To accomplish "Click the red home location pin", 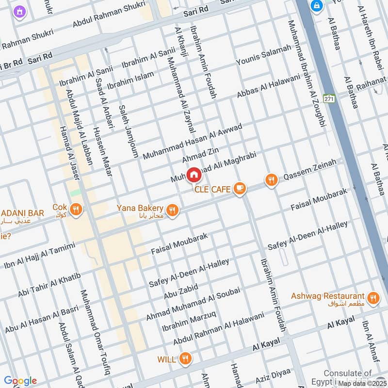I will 194,174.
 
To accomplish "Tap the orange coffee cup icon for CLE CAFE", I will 239,189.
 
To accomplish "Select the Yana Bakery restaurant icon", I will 172,210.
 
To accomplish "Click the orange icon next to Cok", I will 75,210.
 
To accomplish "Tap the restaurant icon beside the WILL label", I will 184,359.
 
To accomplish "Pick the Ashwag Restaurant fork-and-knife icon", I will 372,298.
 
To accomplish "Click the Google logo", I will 20,381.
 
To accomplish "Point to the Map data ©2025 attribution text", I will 362,383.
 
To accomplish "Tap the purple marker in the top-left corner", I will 19,11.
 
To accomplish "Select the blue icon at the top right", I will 317,5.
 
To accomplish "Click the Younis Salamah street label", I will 264,55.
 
